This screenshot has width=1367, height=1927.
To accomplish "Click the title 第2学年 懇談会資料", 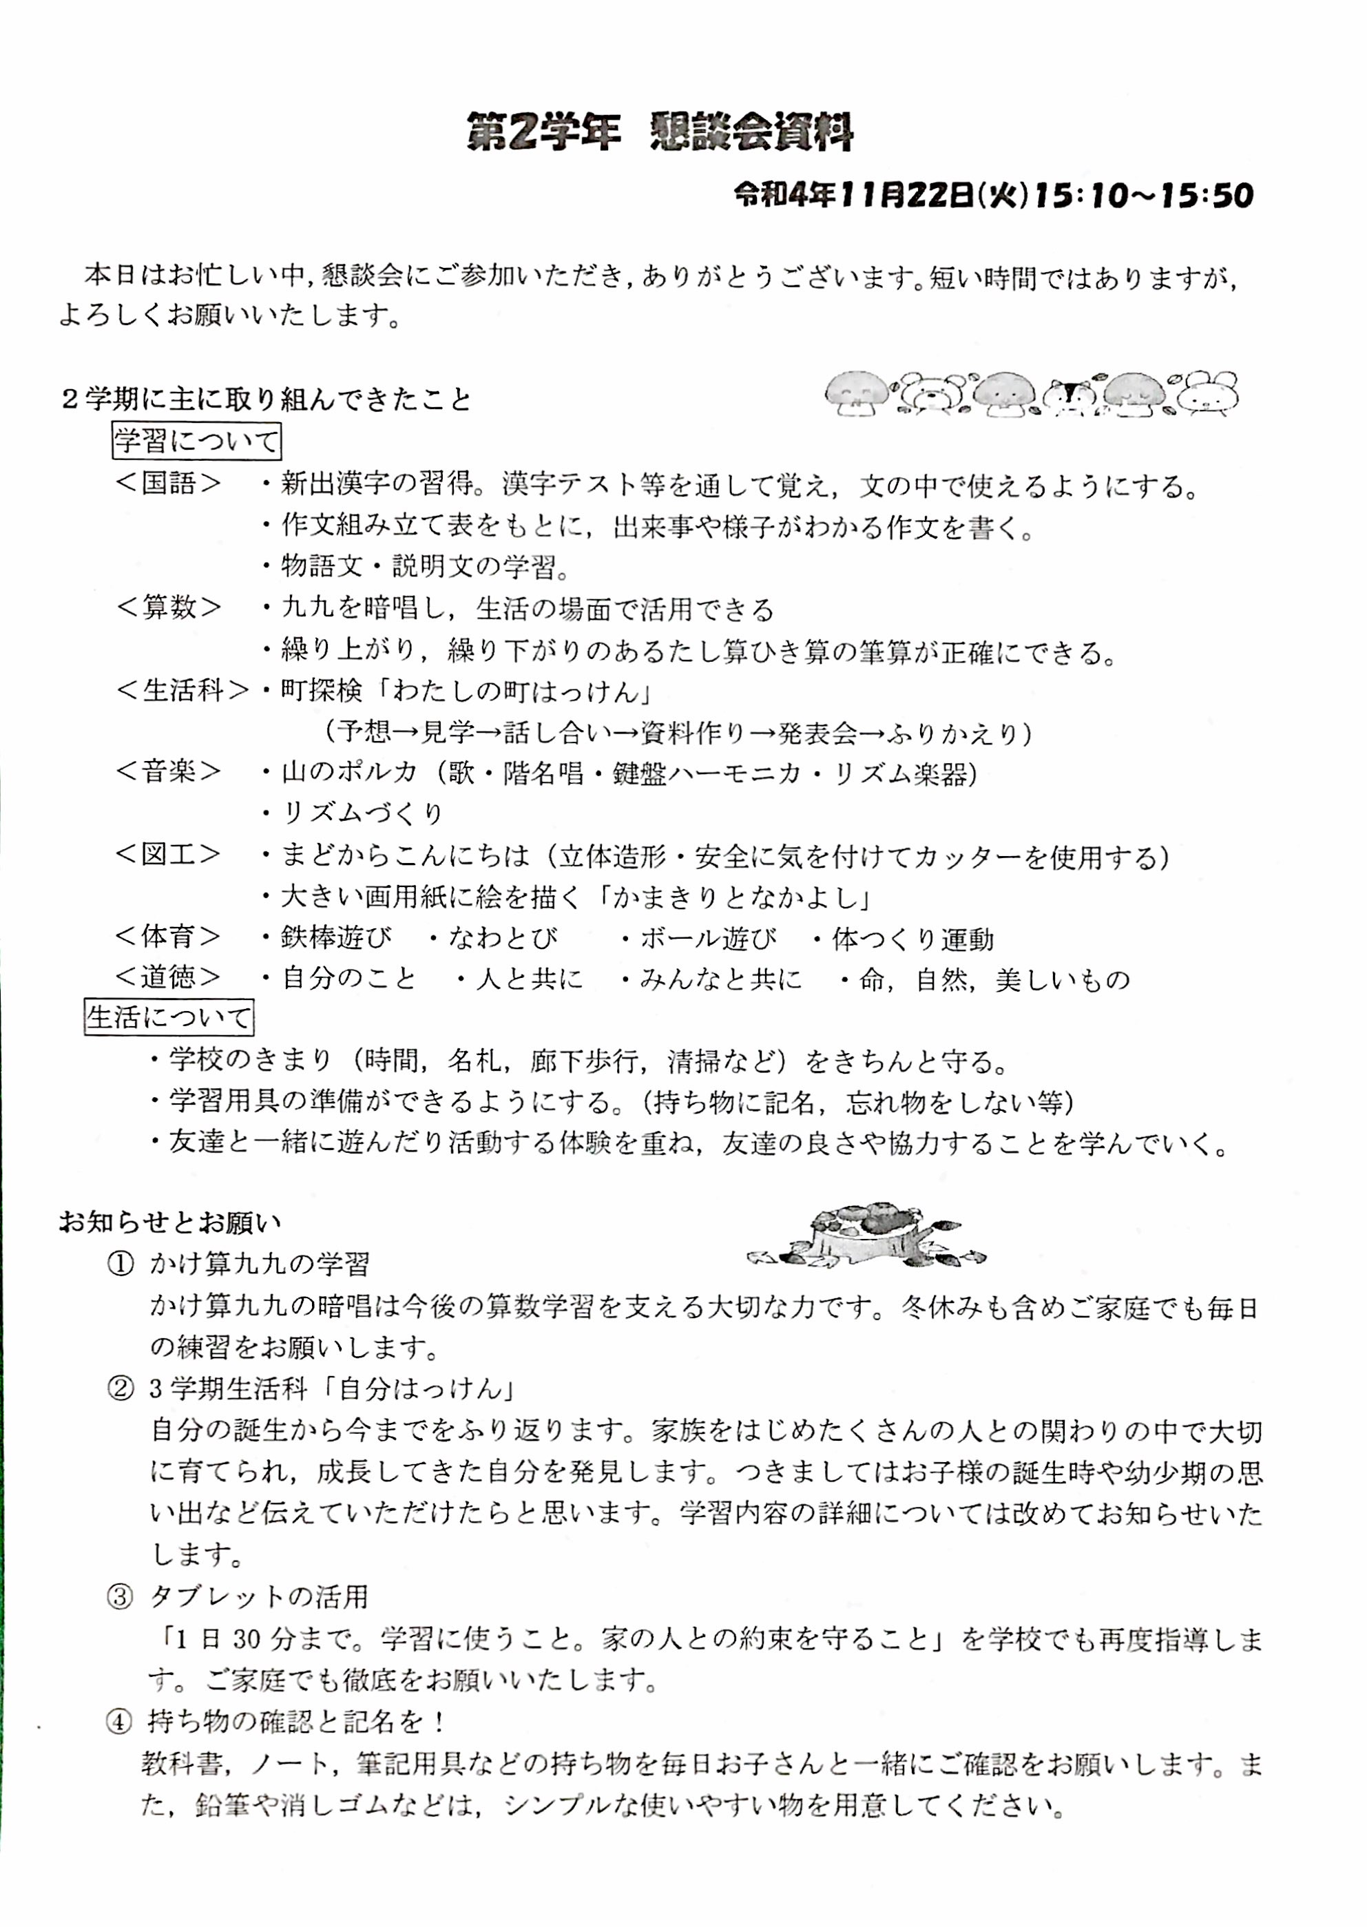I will (x=660, y=133).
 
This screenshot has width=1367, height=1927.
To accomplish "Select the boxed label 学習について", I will (x=196, y=441).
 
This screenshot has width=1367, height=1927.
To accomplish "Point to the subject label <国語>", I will (x=168, y=483).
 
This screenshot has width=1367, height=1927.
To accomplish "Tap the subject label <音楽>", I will (x=168, y=772).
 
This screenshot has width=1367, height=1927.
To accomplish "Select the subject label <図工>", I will (x=168, y=855).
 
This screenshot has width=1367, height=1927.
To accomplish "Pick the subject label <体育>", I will (x=168, y=936).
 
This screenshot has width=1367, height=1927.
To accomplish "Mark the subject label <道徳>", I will (x=168, y=977).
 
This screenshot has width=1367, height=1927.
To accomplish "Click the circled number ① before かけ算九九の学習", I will (x=121, y=1264).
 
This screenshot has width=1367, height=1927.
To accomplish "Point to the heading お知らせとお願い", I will (x=170, y=1222).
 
